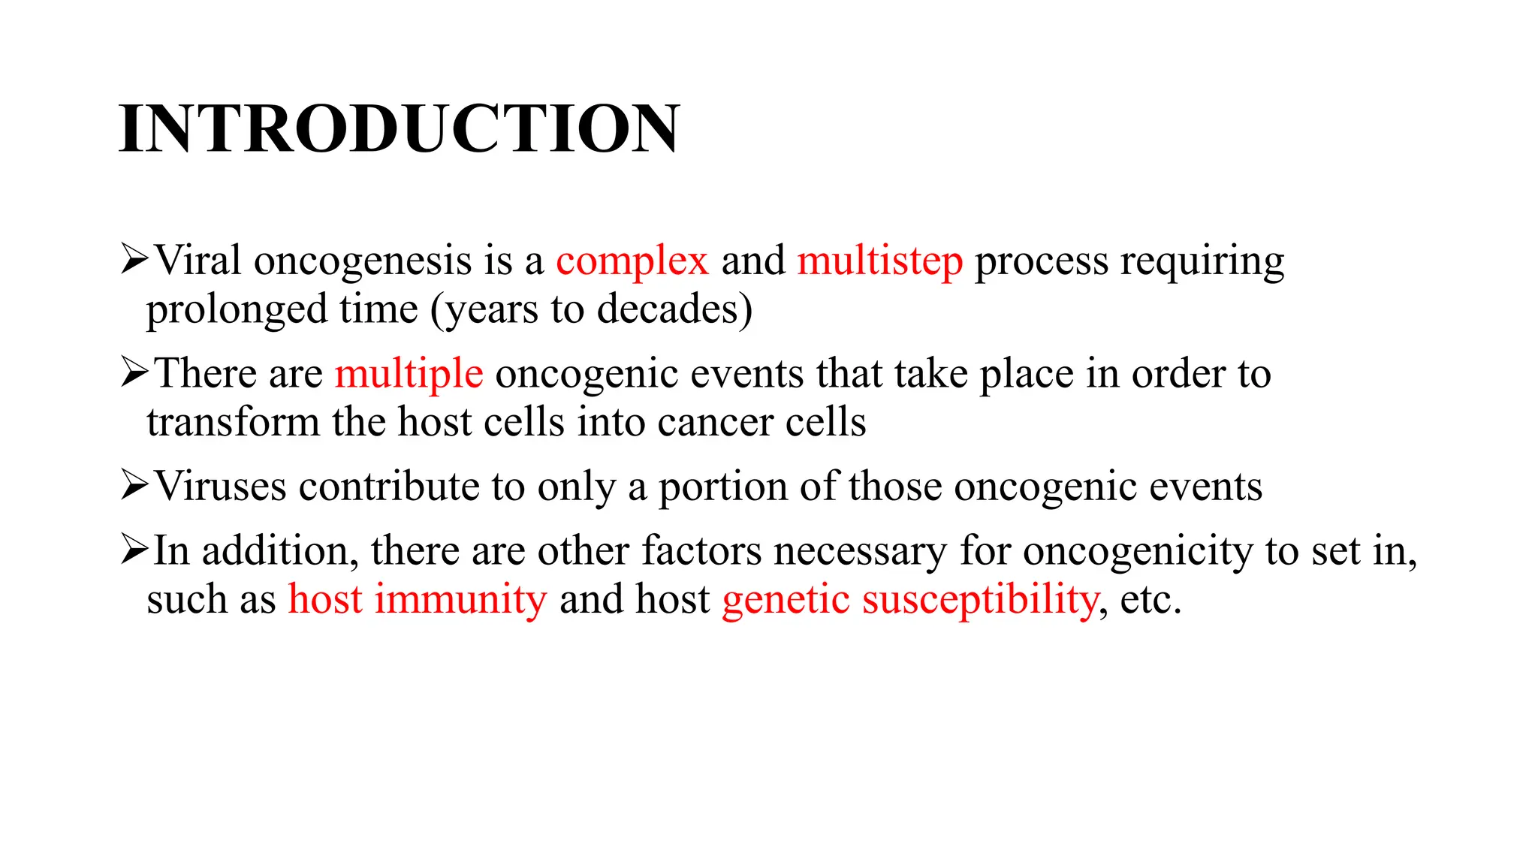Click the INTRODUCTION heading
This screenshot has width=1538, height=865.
(399, 129)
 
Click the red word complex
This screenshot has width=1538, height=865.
(632, 261)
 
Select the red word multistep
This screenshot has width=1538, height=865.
(879, 261)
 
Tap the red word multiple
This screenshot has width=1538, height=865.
(409, 374)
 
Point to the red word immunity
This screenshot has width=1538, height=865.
(460, 599)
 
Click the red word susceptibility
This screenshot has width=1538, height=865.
(980, 599)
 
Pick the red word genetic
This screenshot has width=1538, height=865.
(786, 599)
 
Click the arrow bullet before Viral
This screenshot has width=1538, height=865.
(134, 260)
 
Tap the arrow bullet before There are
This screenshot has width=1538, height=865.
(134, 372)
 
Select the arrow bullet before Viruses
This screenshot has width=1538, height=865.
(134, 485)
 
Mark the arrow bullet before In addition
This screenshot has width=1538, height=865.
(134, 550)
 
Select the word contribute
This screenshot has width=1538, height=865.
(389, 487)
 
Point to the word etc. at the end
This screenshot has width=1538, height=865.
(1150, 599)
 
